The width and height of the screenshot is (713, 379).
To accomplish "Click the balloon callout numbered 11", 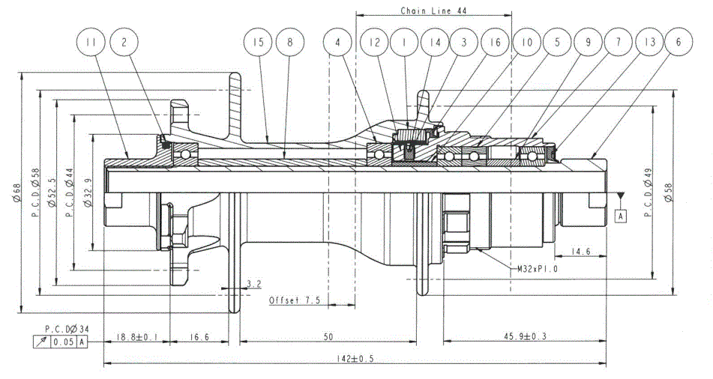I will click(x=91, y=43).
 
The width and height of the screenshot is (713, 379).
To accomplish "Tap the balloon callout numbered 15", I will click(x=259, y=43).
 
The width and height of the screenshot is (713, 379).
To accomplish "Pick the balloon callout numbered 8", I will click(x=289, y=43).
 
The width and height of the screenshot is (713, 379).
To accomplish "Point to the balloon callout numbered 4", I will click(x=338, y=43).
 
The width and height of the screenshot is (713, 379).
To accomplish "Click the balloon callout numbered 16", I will click(x=493, y=43).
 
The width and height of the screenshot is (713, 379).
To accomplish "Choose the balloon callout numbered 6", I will click(x=679, y=43).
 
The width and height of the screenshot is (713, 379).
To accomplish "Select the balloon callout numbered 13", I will click(x=648, y=43).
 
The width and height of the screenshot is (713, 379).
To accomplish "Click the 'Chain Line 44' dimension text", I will click(x=433, y=11).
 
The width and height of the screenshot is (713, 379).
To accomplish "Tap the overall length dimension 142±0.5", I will click(x=354, y=358).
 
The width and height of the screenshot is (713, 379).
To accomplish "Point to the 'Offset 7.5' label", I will click(x=295, y=300).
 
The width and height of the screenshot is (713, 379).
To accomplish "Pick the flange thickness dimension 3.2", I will click(x=253, y=284).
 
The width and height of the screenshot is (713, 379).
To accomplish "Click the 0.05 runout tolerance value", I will click(x=63, y=342).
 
